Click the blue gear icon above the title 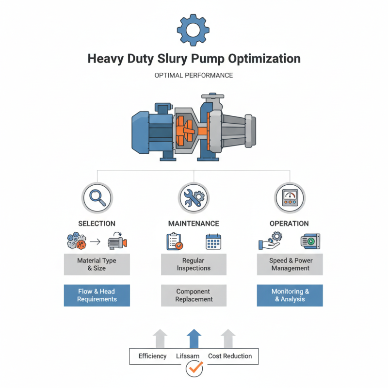[x=194, y=30]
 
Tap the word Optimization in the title [x=260, y=59]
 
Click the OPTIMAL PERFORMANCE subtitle [x=194, y=76]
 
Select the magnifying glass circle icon [x=97, y=197]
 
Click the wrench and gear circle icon [x=194, y=197]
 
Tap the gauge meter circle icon [x=290, y=197]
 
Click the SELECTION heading [x=97, y=224]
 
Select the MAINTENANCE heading [x=194, y=224]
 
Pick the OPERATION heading [x=290, y=224]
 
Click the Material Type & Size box [x=97, y=264]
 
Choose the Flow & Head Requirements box [x=97, y=295]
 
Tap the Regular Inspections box [x=194, y=264]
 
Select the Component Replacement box [x=194, y=295]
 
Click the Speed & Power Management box [x=290, y=264]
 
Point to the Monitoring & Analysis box [x=290, y=295]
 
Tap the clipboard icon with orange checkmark [x=174, y=242]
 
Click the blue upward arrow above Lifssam [x=194, y=338]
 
